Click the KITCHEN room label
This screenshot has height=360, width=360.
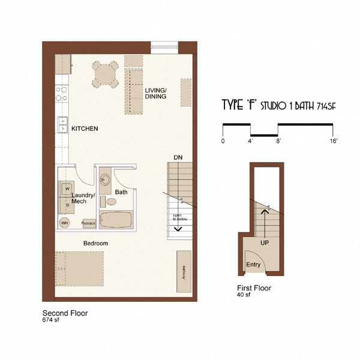click(85, 129)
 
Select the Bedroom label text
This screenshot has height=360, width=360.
click(95, 243)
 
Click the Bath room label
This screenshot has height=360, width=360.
click(121, 193)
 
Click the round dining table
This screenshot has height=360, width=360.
click(105, 75)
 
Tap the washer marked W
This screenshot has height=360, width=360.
click(67, 188)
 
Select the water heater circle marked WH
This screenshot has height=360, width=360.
click(64, 223)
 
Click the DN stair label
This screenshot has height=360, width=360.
click(178, 157)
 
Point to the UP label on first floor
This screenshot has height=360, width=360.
click(264, 244)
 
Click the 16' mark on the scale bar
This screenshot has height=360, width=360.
click(333, 141)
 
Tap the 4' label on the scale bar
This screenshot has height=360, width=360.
click(251, 141)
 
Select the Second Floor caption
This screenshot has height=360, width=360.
click(65, 313)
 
